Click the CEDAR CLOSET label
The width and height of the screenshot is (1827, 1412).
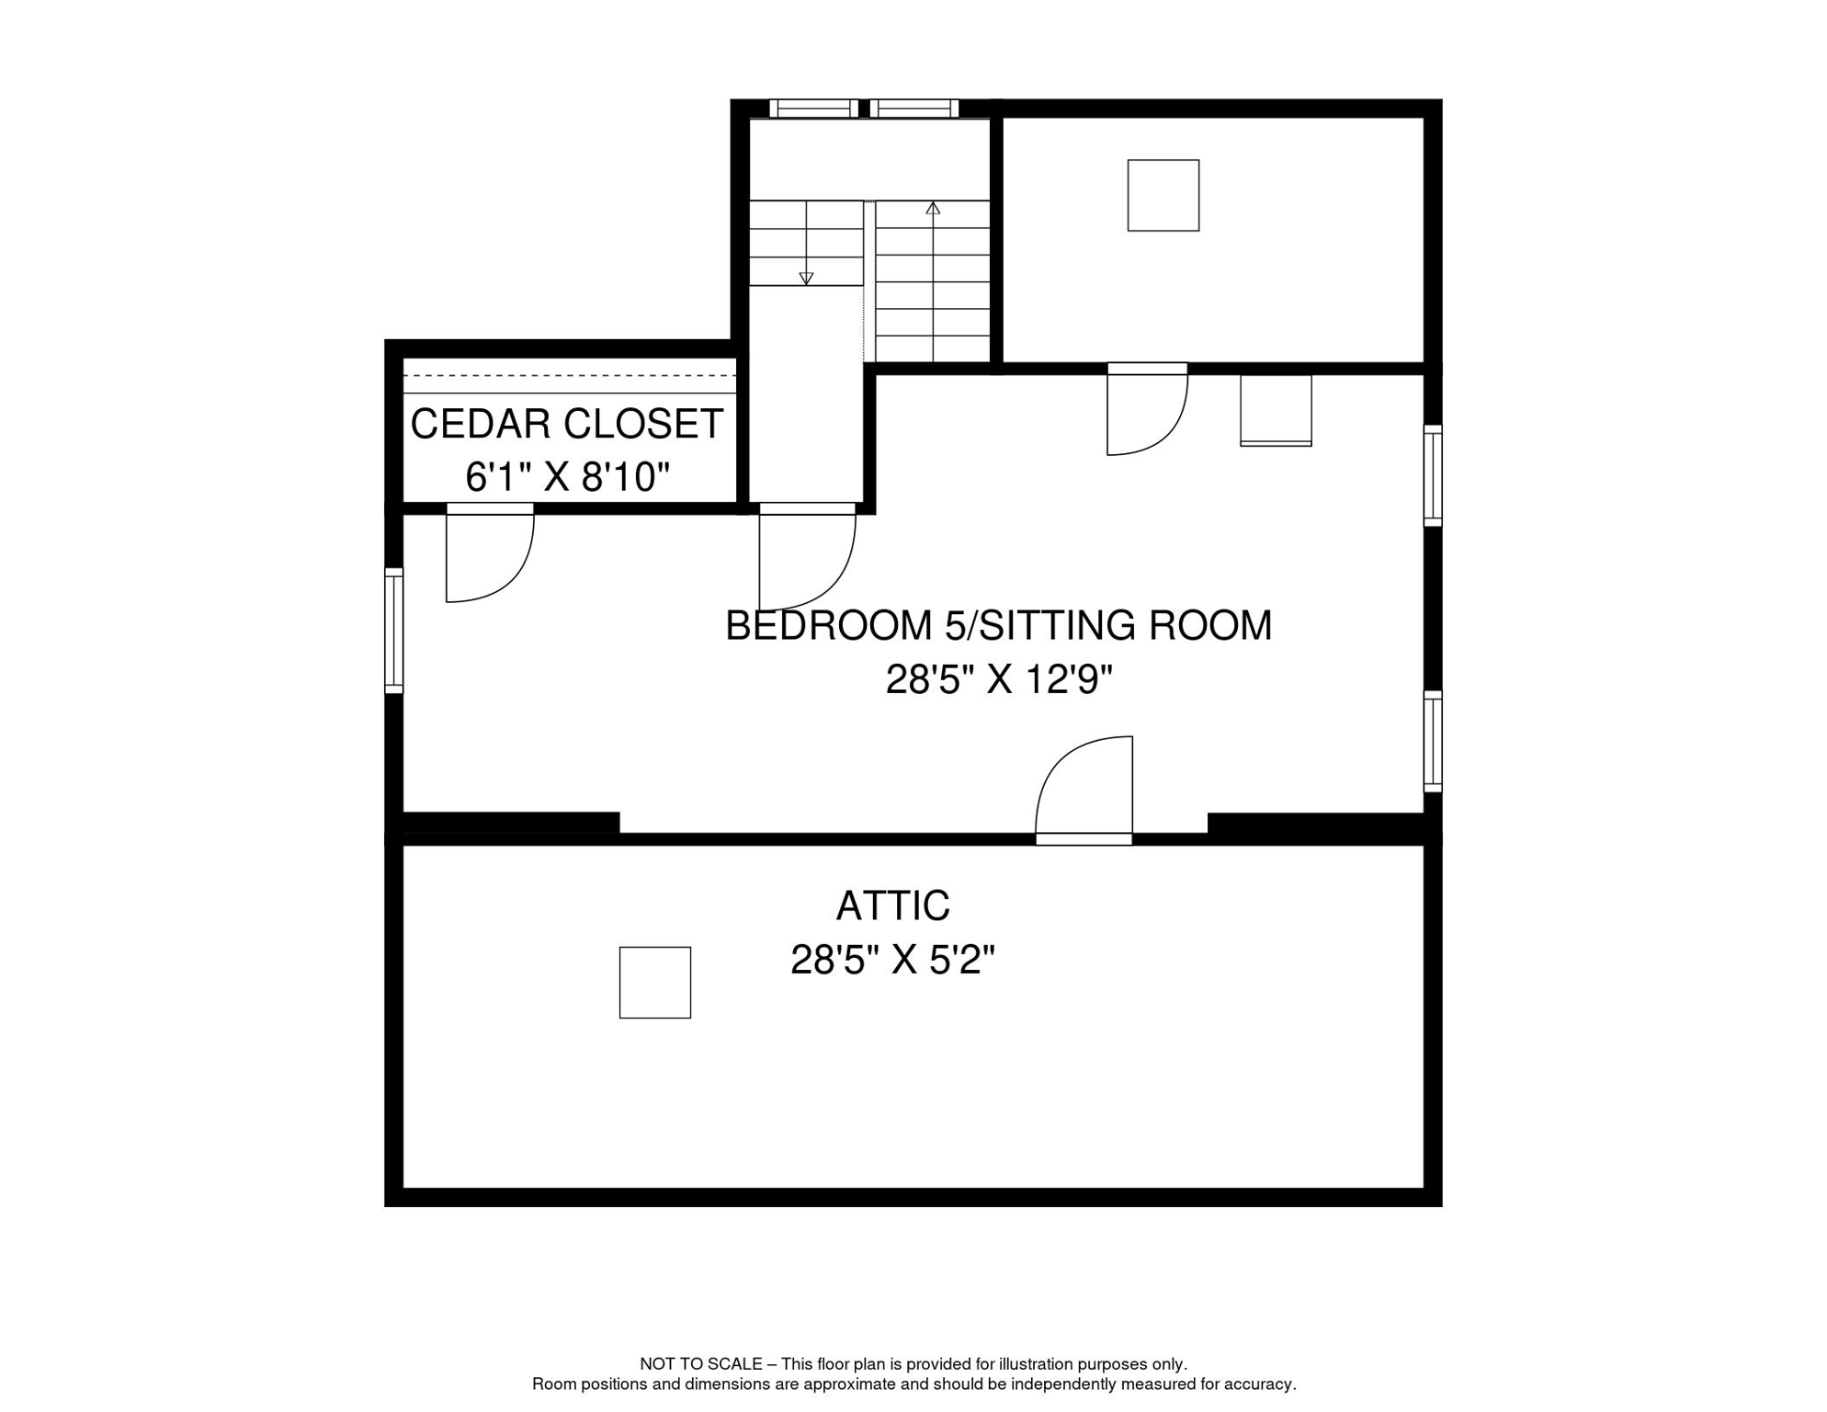(566, 424)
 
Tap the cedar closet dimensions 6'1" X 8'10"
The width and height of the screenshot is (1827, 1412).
(567, 477)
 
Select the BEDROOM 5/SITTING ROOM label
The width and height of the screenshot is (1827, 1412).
(998, 626)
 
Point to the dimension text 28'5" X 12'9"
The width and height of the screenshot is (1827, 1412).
(999, 680)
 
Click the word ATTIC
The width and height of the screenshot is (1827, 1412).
(892, 906)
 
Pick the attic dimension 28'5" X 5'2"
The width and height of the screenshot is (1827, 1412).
(892, 961)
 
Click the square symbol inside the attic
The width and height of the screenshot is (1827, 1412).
(654, 983)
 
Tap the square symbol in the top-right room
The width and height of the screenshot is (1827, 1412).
(1163, 195)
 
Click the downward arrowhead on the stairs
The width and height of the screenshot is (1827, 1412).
(806, 279)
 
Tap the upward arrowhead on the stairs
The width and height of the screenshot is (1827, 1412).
(933, 209)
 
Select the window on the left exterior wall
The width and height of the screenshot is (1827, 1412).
(393, 631)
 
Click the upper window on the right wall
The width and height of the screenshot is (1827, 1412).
(1433, 475)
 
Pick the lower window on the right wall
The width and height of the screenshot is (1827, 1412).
(1433, 741)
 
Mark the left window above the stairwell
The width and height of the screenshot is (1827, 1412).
(813, 108)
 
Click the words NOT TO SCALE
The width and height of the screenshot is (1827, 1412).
(701, 1364)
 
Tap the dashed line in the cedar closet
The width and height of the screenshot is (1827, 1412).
(570, 376)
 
